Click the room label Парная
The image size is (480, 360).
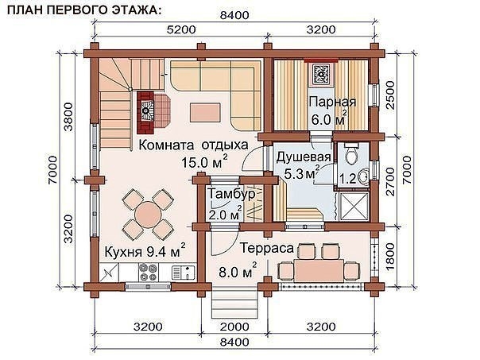tap(332, 102)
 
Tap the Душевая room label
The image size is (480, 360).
tap(303, 157)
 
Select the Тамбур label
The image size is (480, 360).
tap(231, 194)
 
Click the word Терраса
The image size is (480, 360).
tap(267, 248)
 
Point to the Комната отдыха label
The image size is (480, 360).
tap(193, 145)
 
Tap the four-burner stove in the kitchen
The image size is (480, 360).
tap(148, 272)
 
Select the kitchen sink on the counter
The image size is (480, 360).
tap(184, 273)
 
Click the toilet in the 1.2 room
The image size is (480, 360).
tap(352, 154)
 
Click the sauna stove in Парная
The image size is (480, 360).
tap(321, 73)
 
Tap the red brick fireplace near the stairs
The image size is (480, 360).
tap(145, 113)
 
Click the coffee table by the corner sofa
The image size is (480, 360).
tap(205, 112)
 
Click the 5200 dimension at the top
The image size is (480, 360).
tap(181, 30)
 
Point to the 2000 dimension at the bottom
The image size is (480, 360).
tap(234, 327)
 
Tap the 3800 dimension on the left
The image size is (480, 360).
tap(68, 117)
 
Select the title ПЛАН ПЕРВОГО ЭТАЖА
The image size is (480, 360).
tap(83, 10)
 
